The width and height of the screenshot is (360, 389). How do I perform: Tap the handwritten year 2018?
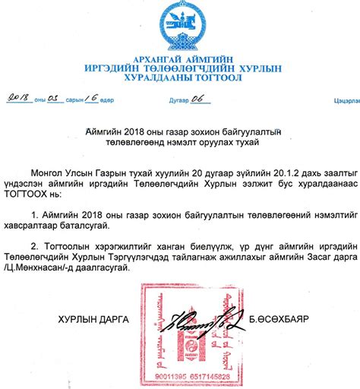[17, 97]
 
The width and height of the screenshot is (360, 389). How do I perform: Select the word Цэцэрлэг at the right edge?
[346, 99]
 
